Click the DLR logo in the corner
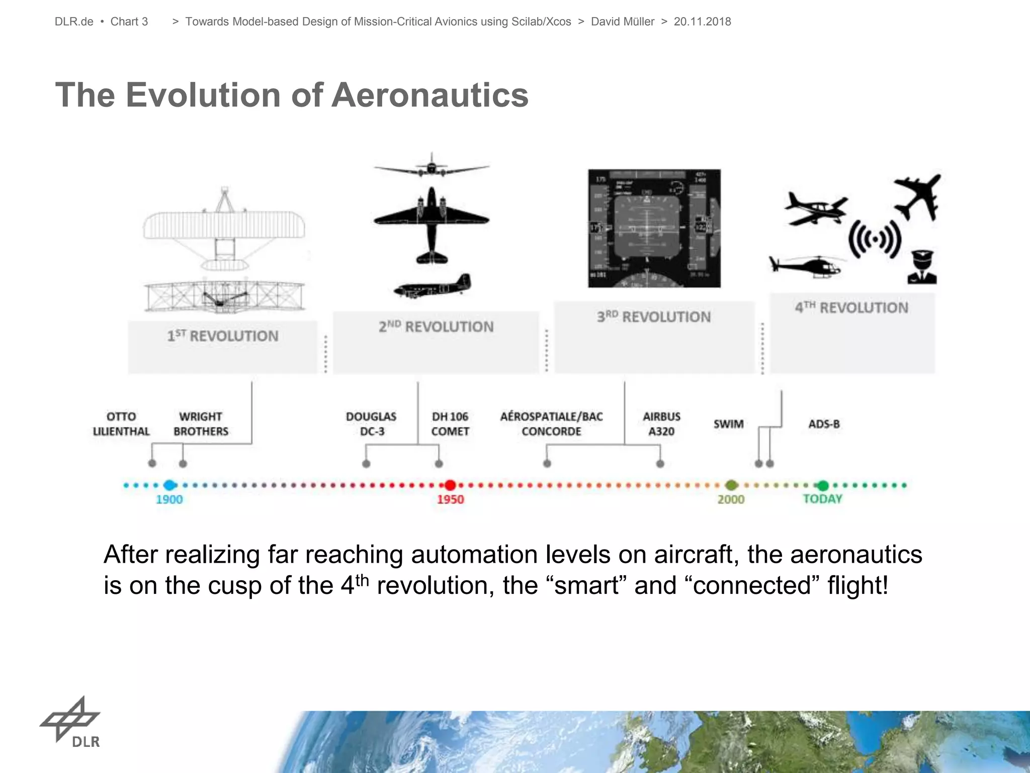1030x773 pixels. pos(70,722)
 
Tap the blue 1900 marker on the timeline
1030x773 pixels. pos(169,485)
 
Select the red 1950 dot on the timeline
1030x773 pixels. pos(450,485)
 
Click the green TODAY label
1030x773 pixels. pos(822,499)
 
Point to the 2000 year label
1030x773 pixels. pos(731,499)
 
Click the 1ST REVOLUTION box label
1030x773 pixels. pos(223,336)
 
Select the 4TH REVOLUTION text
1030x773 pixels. pos(851,307)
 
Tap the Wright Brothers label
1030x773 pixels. pos(201,424)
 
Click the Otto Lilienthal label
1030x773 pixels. pos(121,424)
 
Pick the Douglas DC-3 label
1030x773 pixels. pos(371,424)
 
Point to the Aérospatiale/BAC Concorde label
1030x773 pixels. pos(551,424)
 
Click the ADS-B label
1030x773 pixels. pos(824,424)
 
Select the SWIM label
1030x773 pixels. pos(728,424)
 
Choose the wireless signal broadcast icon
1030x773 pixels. pos(875,239)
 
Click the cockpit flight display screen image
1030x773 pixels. pos(654,228)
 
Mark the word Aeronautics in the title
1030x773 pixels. pos(430,95)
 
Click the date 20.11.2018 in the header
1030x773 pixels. pos(702,22)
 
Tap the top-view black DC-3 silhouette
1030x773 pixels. pos(431,224)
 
